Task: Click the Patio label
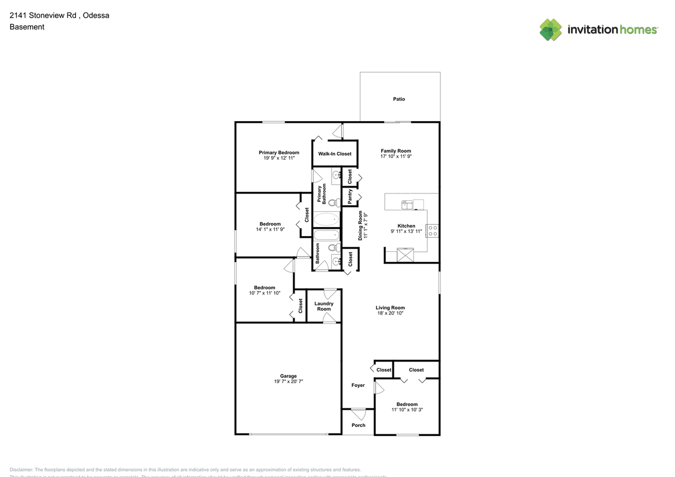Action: pyautogui.click(x=399, y=99)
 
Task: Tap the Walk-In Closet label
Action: pyautogui.click(x=334, y=154)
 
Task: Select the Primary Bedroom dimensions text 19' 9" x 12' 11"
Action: pyautogui.click(x=278, y=158)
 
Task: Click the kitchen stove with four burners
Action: pyautogui.click(x=432, y=230)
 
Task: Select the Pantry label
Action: pyautogui.click(x=350, y=197)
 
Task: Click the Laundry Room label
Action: pyautogui.click(x=324, y=306)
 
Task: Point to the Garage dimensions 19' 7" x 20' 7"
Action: pyautogui.click(x=288, y=382)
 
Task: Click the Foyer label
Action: pyautogui.click(x=358, y=385)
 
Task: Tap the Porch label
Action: pyautogui.click(x=358, y=425)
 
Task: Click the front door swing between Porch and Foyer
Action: pyautogui.click(x=359, y=414)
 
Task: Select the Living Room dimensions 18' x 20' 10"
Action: pyautogui.click(x=390, y=313)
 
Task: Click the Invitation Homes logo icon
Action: pyautogui.click(x=551, y=30)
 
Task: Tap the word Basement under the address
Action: pyautogui.click(x=27, y=27)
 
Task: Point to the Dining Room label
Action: pyautogui.click(x=361, y=226)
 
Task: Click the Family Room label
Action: pyautogui.click(x=396, y=151)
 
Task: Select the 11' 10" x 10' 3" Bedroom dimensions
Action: pyautogui.click(x=407, y=410)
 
